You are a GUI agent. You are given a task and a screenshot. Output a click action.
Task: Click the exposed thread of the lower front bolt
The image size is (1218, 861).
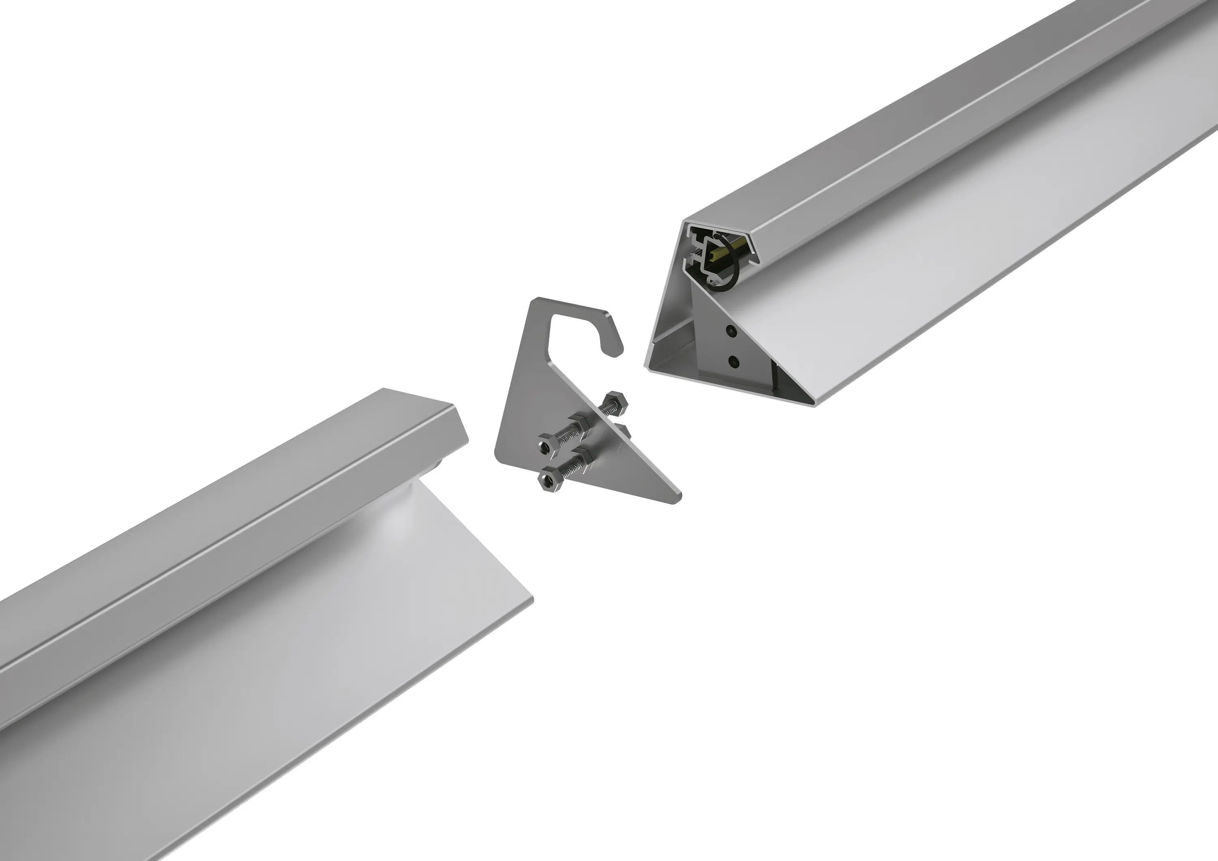566,470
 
